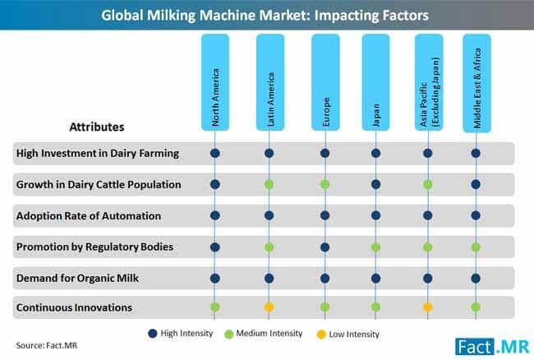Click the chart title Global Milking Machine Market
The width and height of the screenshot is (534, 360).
266,14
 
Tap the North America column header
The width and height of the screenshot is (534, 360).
216,82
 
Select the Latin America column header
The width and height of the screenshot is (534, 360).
269,82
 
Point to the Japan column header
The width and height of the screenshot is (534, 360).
375,82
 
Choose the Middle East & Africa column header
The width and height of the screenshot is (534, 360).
477,82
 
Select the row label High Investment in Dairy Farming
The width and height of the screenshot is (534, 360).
97,153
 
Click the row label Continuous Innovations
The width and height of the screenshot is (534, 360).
73,307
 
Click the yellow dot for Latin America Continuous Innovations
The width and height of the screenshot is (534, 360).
269,307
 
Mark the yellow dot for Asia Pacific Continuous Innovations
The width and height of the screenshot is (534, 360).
427,307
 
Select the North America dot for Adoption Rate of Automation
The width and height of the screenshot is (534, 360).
216,215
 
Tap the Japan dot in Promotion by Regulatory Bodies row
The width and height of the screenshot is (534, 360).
375,247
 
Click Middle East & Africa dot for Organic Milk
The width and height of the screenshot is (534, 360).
476,277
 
